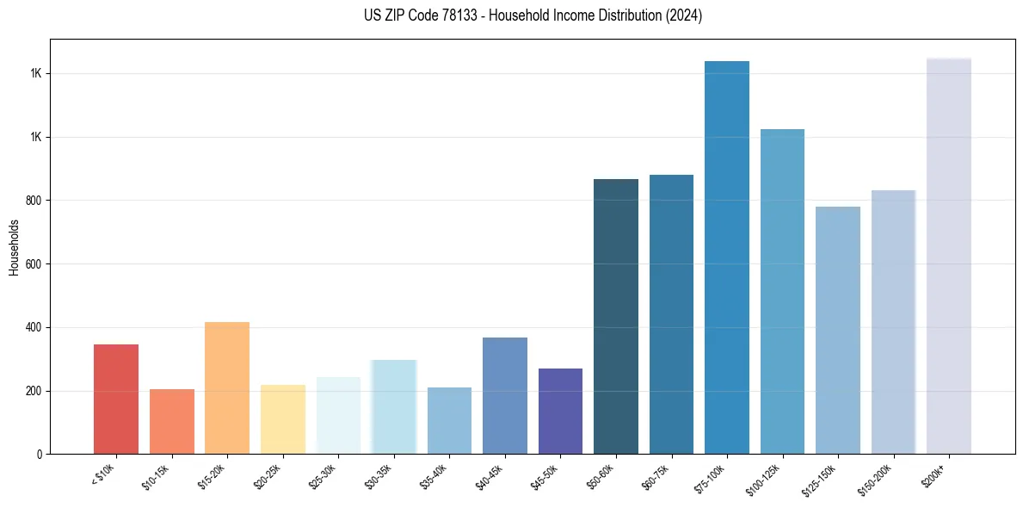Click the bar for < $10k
tap(116, 399)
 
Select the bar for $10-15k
tap(171, 421)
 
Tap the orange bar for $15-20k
tap(227, 387)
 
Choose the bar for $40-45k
tap(505, 395)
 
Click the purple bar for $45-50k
tap(560, 411)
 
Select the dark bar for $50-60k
tap(616, 316)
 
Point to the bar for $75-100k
tap(727, 257)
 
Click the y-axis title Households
tap(14, 247)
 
